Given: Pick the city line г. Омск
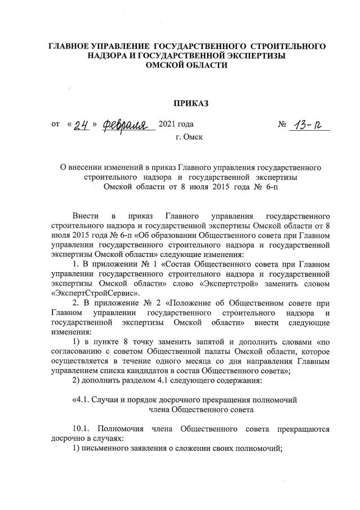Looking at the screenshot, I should pyautogui.click(x=189, y=136).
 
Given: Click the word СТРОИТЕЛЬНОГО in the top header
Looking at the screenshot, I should pyautogui.click(x=288, y=45).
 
